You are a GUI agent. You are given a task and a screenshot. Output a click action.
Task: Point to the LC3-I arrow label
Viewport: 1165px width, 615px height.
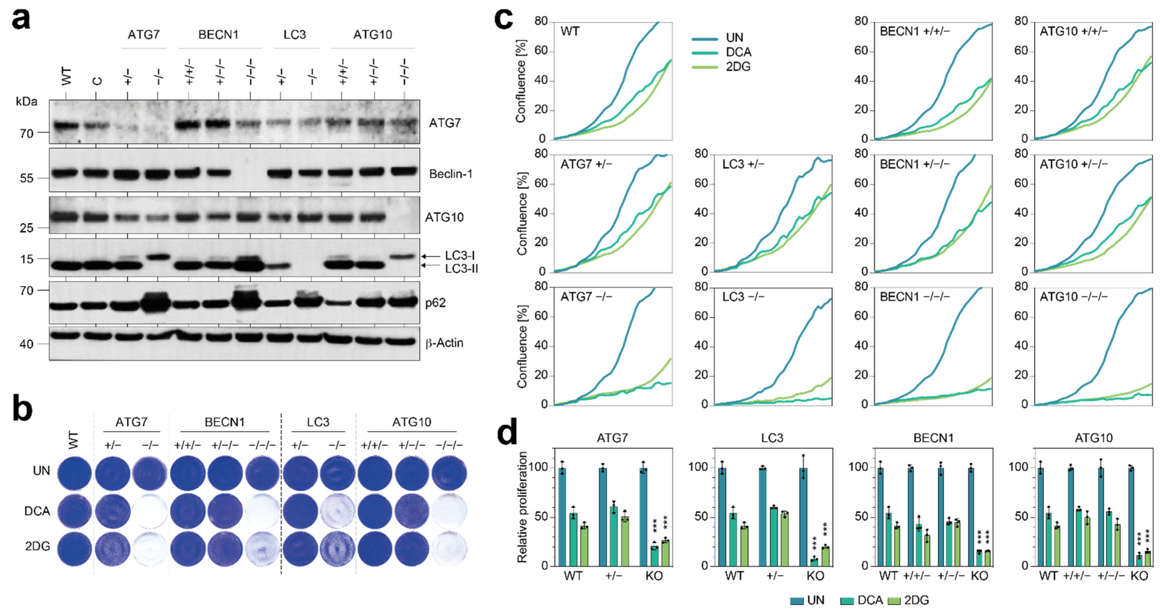click(x=459, y=255)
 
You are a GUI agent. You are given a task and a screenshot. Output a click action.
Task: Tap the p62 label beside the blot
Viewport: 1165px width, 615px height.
click(x=435, y=303)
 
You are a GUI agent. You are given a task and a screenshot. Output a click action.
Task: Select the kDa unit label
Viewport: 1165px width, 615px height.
click(x=26, y=101)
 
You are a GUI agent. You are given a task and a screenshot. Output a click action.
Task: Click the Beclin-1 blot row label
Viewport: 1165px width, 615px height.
click(x=451, y=174)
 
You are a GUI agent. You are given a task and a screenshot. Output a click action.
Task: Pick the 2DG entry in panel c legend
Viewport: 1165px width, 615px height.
click(x=738, y=67)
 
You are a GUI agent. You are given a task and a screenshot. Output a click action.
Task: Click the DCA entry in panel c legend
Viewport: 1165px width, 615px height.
click(x=738, y=52)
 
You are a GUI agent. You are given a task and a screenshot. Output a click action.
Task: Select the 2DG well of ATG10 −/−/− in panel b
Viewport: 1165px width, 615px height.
click(x=449, y=548)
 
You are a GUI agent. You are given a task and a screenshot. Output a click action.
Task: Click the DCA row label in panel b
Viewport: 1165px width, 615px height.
click(x=37, y=511)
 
